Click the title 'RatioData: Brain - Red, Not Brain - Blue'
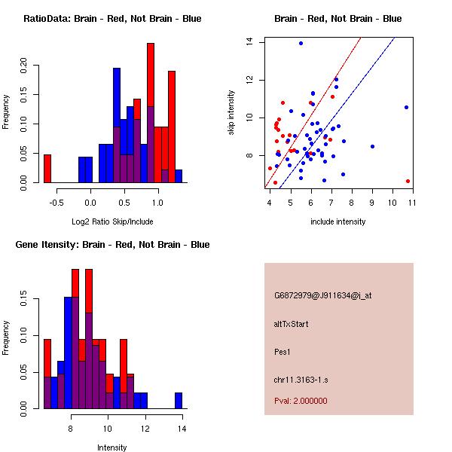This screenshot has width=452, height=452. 112,18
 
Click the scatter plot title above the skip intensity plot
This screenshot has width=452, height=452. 337,18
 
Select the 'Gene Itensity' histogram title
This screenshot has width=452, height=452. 111,244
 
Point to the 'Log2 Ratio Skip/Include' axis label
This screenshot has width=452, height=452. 112,221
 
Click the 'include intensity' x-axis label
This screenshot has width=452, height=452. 337,221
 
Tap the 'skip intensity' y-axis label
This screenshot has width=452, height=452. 231,113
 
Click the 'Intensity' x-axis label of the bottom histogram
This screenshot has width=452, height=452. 112,447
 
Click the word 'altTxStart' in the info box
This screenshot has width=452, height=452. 292,324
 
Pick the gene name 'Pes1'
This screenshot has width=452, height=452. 283,351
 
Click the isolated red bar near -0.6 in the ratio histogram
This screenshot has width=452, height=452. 47,168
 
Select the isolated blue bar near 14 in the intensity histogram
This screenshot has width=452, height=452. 179,400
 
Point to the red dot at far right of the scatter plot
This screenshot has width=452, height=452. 408,181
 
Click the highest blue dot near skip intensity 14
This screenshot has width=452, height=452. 301,43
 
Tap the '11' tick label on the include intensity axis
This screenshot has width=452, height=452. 413,202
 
